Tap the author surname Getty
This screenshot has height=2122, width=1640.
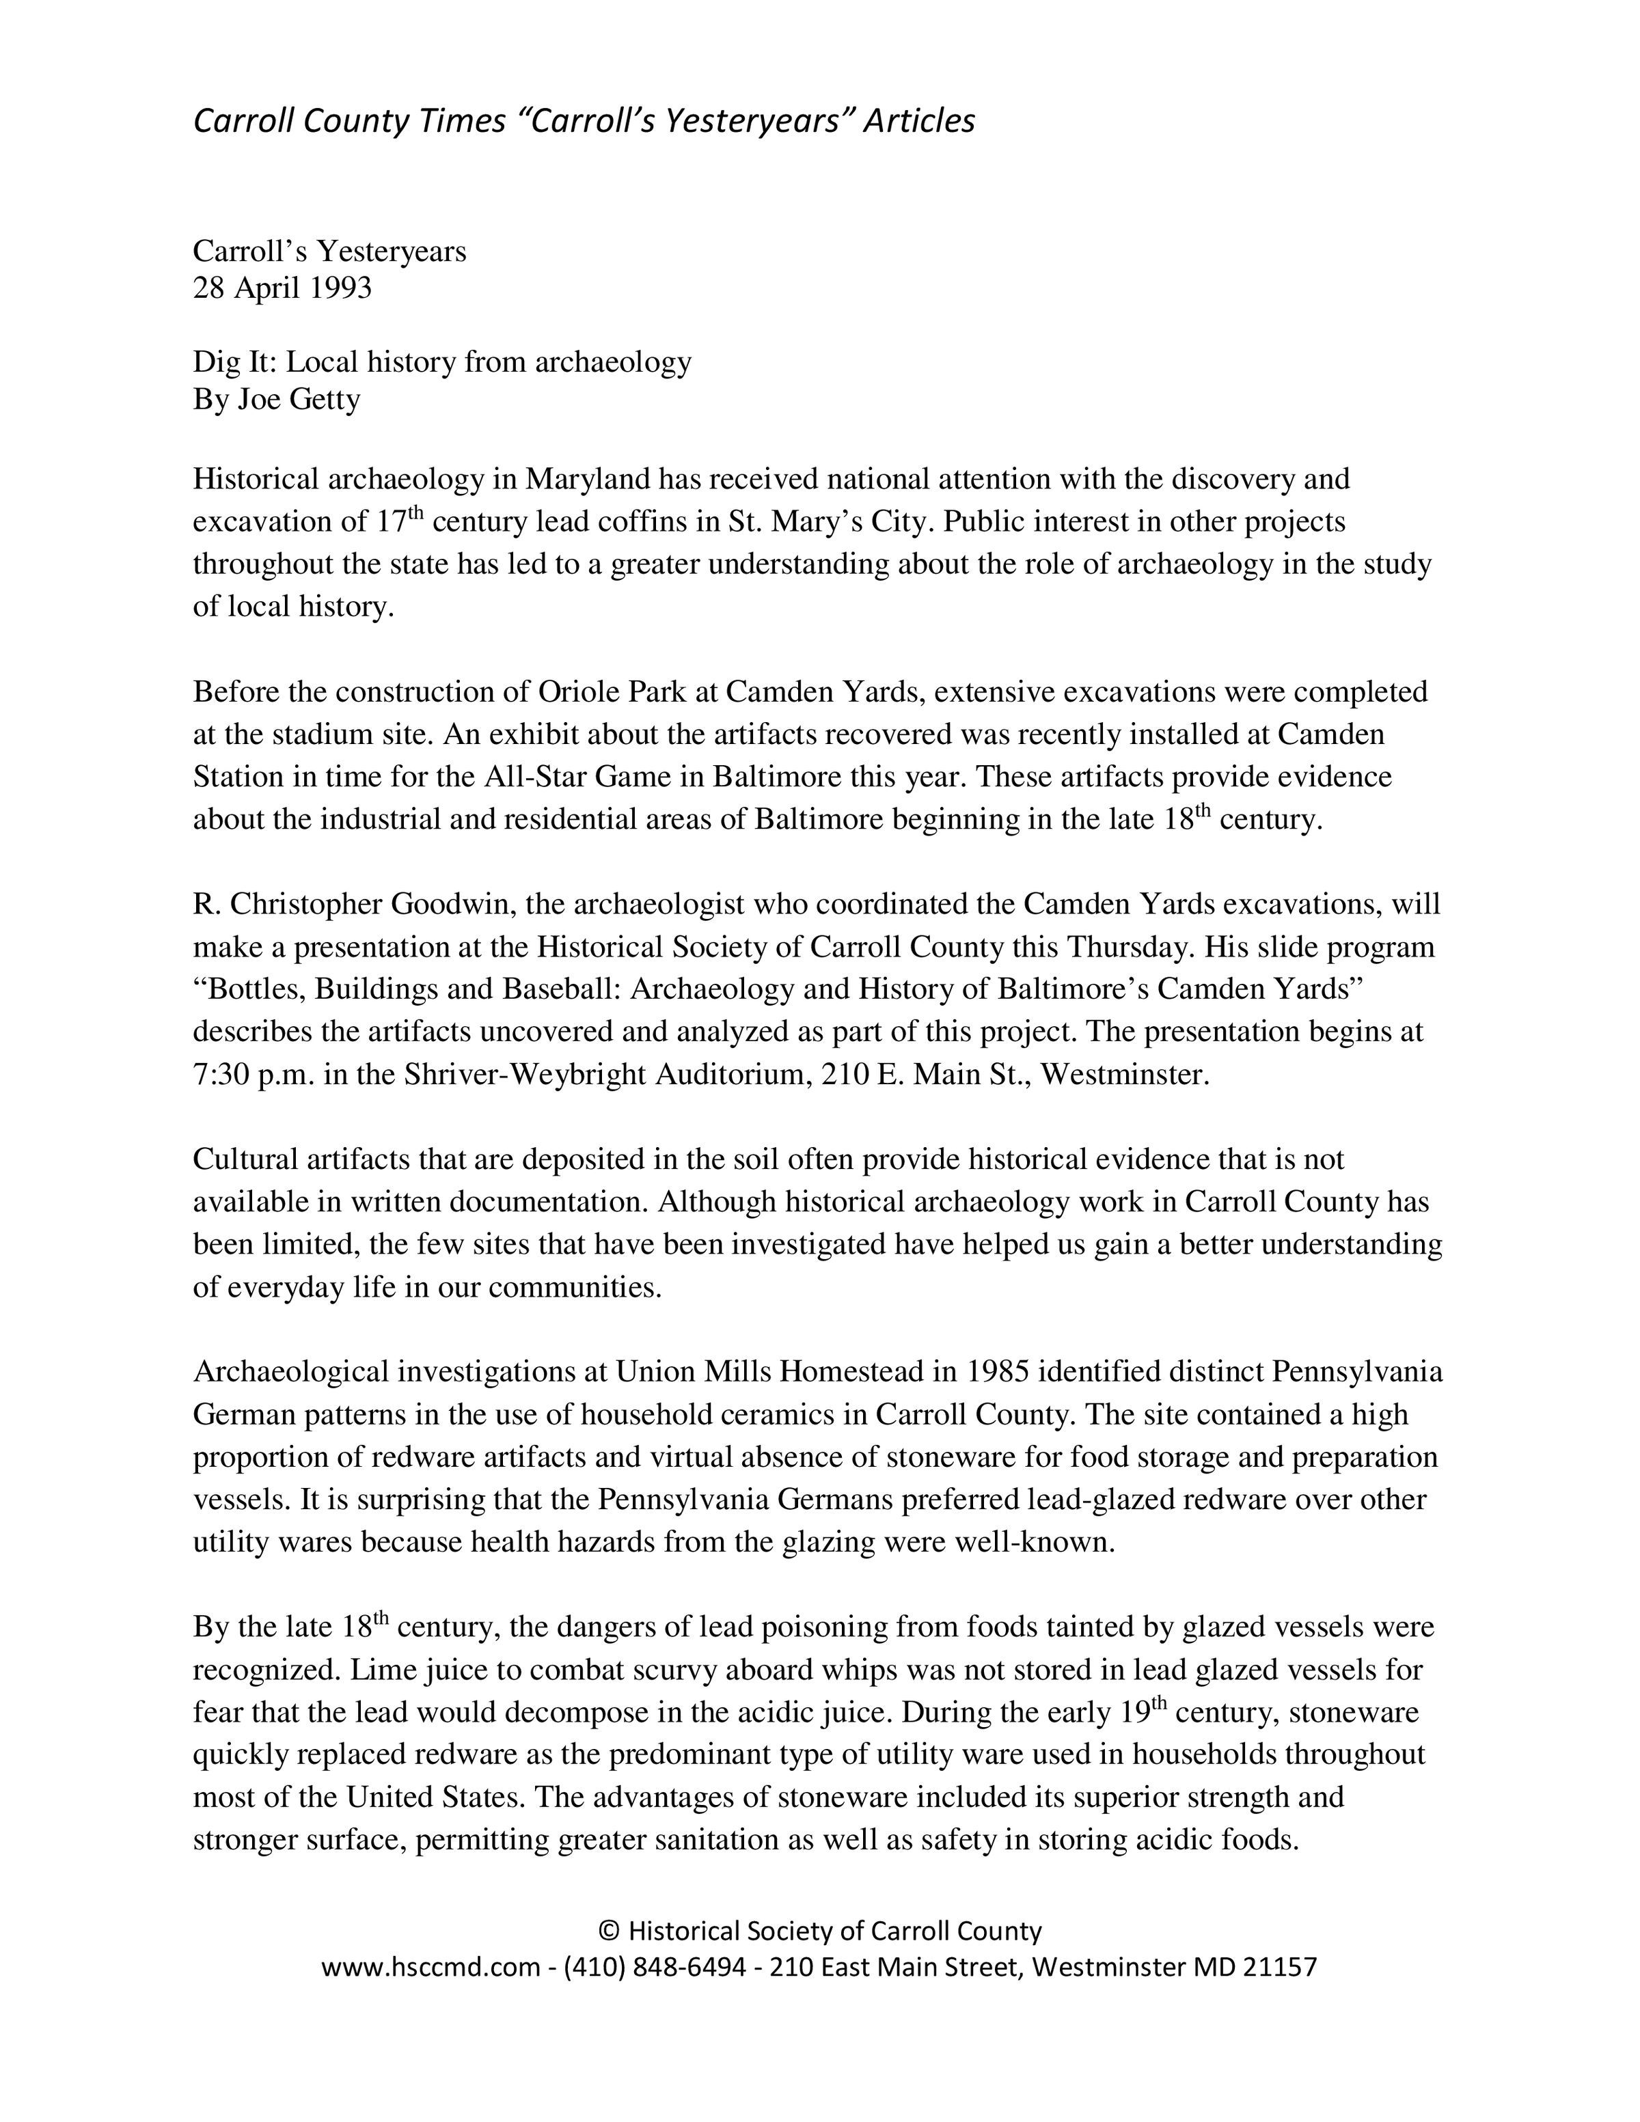point(325,400)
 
